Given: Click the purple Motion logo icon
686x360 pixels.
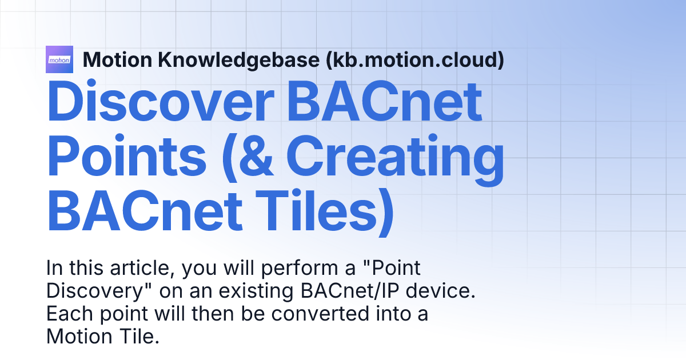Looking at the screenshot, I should (59, 59).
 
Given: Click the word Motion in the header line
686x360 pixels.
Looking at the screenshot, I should (117, 59).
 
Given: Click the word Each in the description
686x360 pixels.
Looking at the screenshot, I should (65, 314).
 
